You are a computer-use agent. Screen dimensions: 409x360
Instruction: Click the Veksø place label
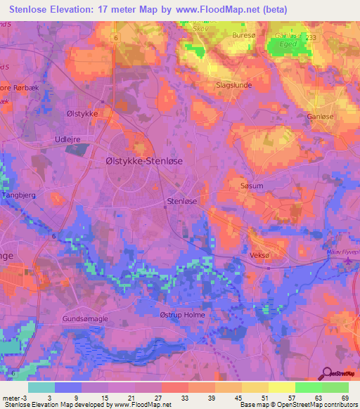[x=260, y=256]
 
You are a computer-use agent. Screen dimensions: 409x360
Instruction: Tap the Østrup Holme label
[x=182, y=315]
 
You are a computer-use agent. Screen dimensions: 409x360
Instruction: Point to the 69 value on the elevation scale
[x=344, y=397]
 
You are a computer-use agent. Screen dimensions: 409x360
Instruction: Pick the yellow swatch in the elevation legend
[x=281, y=387]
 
